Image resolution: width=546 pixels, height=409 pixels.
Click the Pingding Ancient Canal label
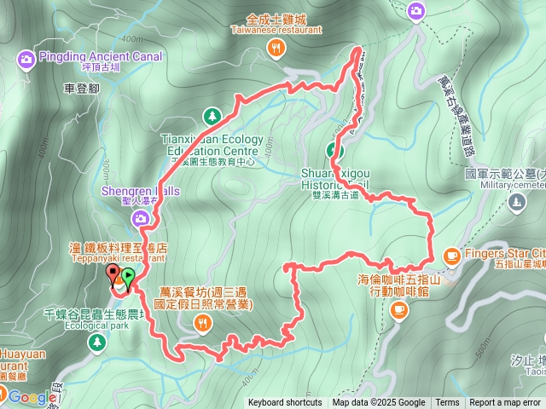(89, 58)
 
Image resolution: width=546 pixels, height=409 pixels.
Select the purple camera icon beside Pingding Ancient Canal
(26, 59)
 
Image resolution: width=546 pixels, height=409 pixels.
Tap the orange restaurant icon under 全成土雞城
(275, 49)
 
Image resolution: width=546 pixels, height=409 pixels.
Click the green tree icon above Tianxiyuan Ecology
(212, 116)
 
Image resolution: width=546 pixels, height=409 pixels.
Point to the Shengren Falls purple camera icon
(141, 221)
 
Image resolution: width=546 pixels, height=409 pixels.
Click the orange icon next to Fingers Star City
(451, 254)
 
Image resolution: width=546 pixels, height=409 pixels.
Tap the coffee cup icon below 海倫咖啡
(398, 311)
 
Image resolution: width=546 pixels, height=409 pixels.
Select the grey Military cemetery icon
(515, 203)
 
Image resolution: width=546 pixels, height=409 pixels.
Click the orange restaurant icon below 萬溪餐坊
(202, 321)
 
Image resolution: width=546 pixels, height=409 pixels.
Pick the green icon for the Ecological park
(96, 341)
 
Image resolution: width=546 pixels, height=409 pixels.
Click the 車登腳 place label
(82, 88)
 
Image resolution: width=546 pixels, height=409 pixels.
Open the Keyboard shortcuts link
(285, 403)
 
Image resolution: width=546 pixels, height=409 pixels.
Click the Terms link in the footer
(447, 403)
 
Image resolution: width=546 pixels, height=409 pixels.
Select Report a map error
(505, 403)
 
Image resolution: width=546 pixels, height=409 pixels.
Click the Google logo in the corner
(32, 397)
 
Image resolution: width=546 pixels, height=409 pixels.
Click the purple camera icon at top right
(415, 11)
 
